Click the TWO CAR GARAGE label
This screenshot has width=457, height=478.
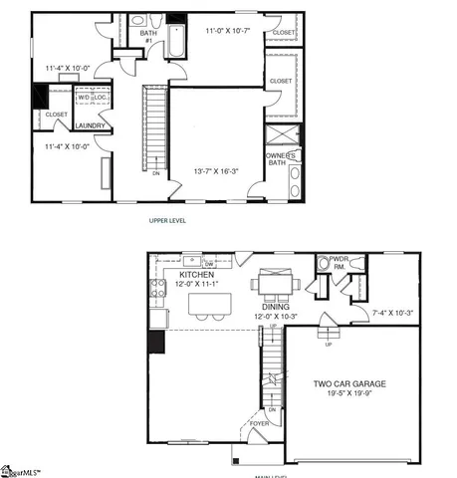[x=349, y=383]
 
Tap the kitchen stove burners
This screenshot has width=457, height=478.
[x=156, y=289]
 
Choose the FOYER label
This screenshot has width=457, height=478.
[x=259, y=423]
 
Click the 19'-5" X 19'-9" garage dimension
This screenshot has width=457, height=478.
[x=349, y=394]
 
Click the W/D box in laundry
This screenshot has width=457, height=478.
[x=84, y=98]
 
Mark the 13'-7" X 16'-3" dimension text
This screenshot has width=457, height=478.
[x=214, y=172]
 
